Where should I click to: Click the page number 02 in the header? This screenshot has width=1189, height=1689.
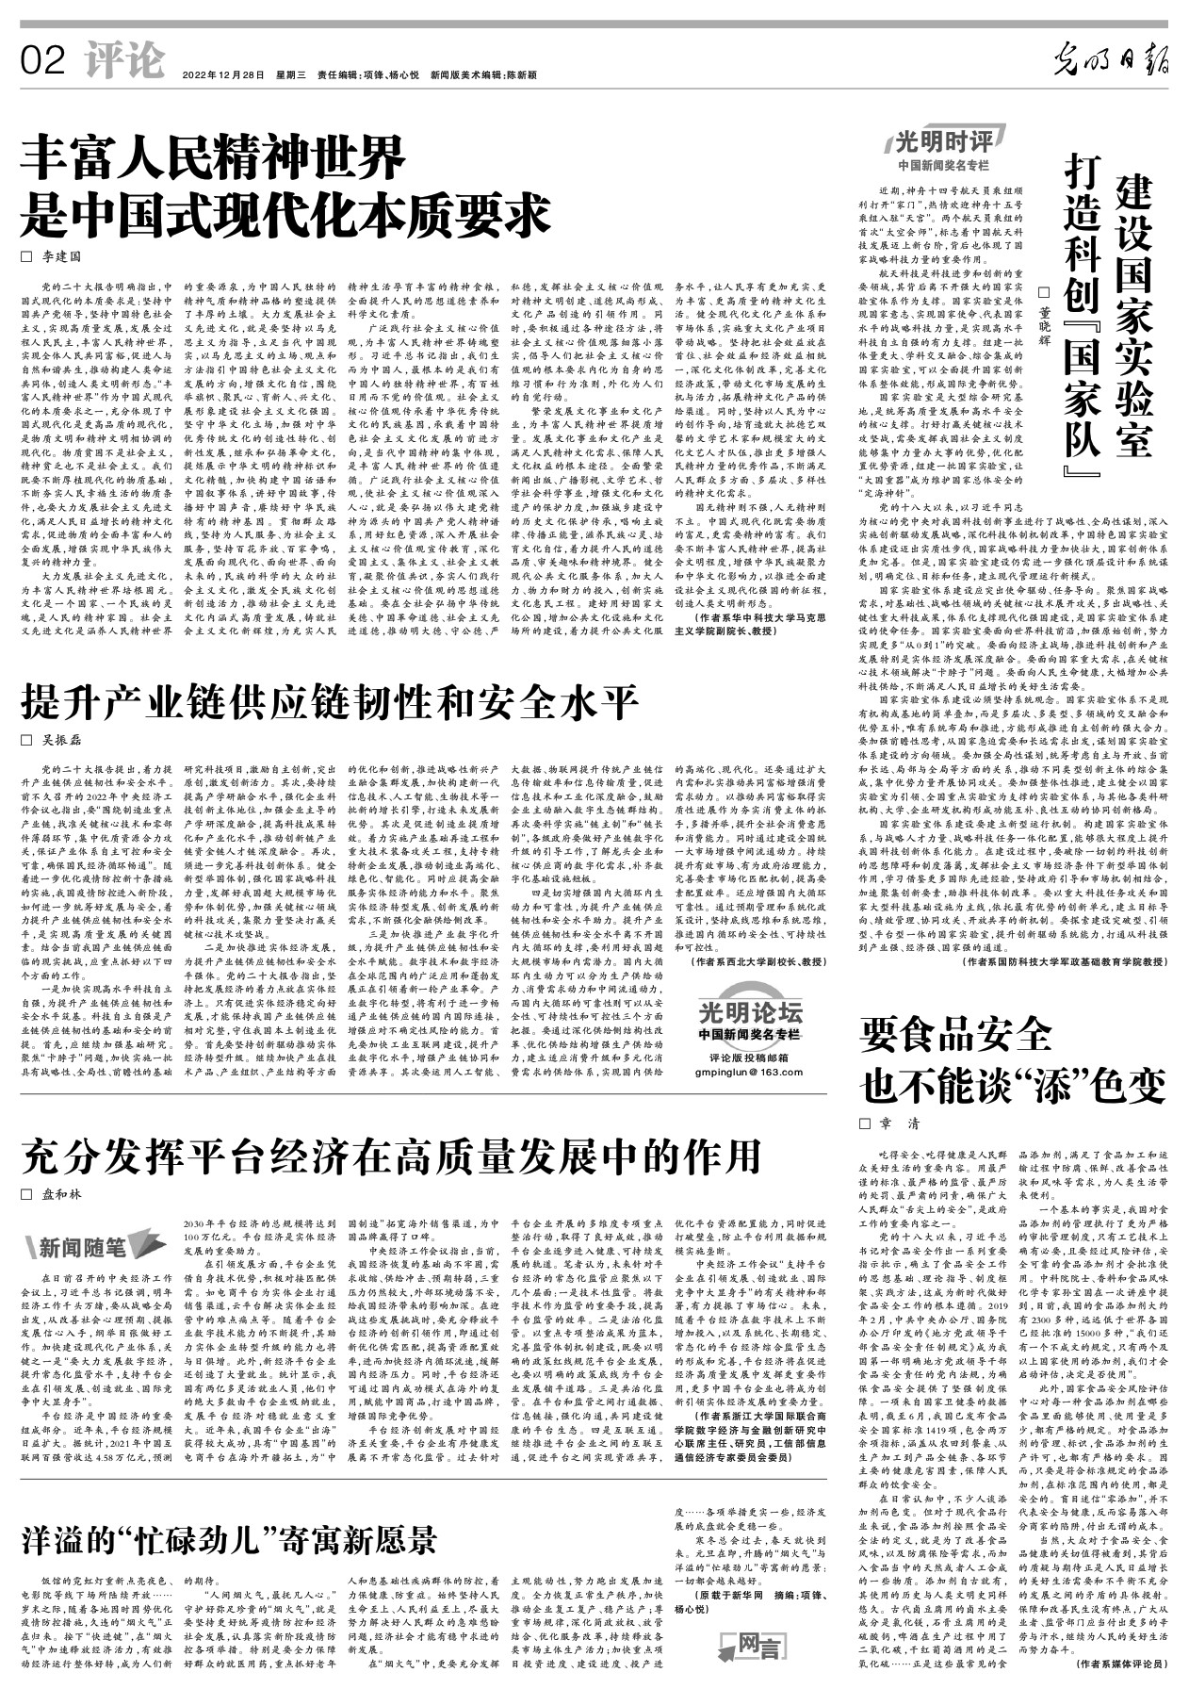[x=43, y=61]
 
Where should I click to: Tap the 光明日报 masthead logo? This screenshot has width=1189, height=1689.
[x=1110, y=63]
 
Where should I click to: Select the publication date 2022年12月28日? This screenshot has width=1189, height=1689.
[x=223, y=74]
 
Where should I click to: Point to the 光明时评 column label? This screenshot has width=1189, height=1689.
[x=941, y=143]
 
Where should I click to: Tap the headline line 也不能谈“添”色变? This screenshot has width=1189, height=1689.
[x=1013, y=1088]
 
